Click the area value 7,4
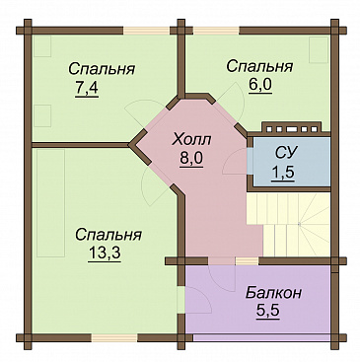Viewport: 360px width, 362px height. (x=87, y=89)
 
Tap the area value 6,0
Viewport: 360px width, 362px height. (x=259, y=86)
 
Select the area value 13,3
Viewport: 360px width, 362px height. (x=105, y=253)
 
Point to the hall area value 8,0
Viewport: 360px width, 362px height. (x=191, y=159)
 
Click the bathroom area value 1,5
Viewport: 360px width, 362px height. (x=282, y=172)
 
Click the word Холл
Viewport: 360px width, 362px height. (x=192, y=140)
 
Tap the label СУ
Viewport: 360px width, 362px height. (x=286, y=153)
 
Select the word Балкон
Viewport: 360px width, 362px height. (x=273, y=293)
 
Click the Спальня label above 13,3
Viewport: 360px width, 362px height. (x=108, y=235)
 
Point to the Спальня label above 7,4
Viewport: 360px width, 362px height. (x=102, y=69)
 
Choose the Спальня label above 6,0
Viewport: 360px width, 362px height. (x=259, y=66)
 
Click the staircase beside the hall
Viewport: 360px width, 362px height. (x=288, y=224)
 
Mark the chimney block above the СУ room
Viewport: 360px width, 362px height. (x=291, y=127)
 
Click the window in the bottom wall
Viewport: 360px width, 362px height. (x=114, y=338)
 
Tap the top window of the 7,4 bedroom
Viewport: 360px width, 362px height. (x=147, y=31)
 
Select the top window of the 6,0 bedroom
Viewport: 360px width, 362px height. (x=216, y=31)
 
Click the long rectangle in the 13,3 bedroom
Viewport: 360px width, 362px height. (x=50, y=203)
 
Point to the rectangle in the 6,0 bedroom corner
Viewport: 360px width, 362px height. (x=319, y=49)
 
